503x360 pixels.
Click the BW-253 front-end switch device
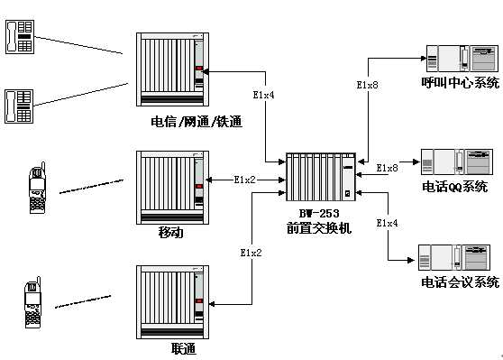[321, 177]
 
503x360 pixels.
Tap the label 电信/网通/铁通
[197, 122]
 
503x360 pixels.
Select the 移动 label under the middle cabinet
[171, 232]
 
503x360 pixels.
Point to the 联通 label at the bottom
[183, 348]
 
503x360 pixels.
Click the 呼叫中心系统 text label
[461, 82]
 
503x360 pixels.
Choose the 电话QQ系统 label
[455, 187]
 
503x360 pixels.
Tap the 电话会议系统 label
[460, 282]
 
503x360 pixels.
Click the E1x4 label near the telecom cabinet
[263, 95]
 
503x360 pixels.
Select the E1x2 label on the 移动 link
[244, 180]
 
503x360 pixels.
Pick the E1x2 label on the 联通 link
[251, 253]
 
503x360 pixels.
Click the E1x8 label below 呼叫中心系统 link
[367, 85]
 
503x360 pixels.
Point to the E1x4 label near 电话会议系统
[387, 223]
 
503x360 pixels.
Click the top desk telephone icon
[20, 37]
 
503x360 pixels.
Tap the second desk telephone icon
[19, 106]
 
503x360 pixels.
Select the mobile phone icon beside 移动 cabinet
[38, 188]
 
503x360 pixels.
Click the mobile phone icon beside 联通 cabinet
[33, 302]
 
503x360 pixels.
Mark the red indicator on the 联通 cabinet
[199, 301]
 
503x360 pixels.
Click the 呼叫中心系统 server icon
[462, 59]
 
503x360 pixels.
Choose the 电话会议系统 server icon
[454, 257]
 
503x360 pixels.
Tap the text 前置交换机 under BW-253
[319, 228]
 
